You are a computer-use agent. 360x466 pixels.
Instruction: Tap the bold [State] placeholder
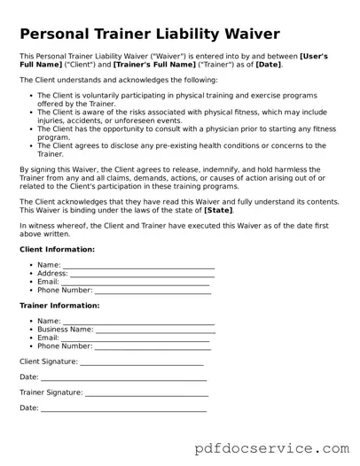(219, 211)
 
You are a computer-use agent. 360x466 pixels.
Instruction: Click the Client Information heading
(57, 250)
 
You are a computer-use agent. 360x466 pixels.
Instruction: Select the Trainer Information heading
(59, 305)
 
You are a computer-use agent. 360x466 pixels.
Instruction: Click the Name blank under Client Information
(138, 266)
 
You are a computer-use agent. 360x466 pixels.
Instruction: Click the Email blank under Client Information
(135, 282)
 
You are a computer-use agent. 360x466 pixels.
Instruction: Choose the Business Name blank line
(155, 330)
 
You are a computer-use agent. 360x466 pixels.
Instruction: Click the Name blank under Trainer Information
(138, 321)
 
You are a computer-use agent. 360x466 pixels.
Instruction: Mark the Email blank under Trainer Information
(135, 338)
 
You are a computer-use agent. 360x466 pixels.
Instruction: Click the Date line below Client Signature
(123, 377)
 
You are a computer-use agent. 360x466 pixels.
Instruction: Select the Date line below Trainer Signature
(123, 408)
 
